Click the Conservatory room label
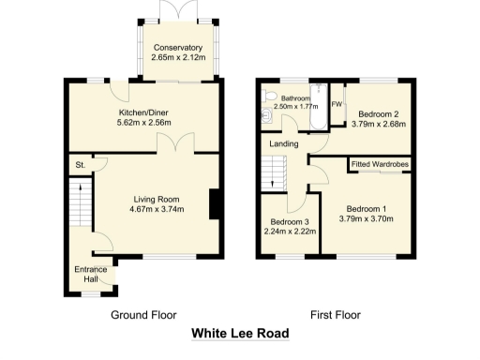pyautogui.click(x=178, y=48)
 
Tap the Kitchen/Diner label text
pyautogui.click(x=142, y=112)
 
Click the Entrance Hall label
pyautogui.click(x=91, y=275)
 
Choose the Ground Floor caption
pyautogui.click(x=143, y=315)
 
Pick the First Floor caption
pyautogui.click(x=335, y=315)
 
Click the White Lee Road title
pyautogui.click(x=239, y=334)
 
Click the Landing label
pyautogui.click(x=284, y=143)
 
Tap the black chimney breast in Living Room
pyautogui.click(x=214, y=203)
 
